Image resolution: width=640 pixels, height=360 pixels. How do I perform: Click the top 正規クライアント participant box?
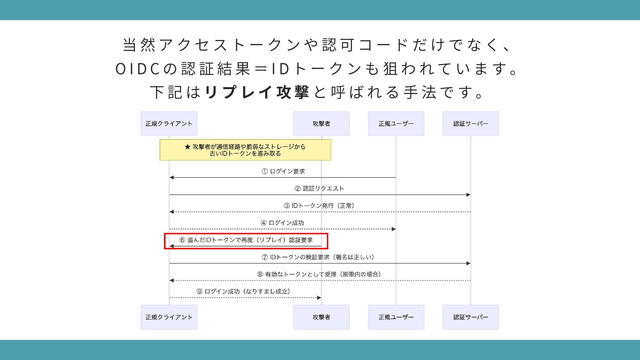pyautogui.click(x=169, y=124)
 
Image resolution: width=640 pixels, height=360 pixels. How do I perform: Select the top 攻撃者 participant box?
pyautogui.click(x=321, y=124)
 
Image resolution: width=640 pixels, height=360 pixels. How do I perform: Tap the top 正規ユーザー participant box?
pyautogui.click(x=396, y=124)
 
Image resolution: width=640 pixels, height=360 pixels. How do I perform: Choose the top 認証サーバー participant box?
pyautogui.click(x=471, y=124)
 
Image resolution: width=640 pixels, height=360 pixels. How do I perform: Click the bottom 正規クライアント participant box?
pyautogui.click(x=169, y=317)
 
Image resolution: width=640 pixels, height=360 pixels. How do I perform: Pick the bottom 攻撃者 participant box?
pyautogui.click(x=321, y=317)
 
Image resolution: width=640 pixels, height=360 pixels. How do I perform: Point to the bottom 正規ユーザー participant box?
pyautogui.click(x=396, y=317)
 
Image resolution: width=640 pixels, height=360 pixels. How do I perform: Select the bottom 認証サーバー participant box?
pyautogui.click(x=471, y=317)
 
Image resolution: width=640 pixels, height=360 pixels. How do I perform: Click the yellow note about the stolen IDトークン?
pyautogui.click(x=245, y=150)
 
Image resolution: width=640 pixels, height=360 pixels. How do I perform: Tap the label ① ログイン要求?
pyautogui.click(x=283, y=171)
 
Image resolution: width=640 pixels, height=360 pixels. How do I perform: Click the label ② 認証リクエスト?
pyautogui.click(x=319, y=188)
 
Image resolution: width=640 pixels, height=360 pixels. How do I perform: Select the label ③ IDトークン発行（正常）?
pyautogui.click(x=319, y=206)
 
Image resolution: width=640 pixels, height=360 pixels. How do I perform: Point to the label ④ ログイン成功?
pyautogui.click(x=282, y=223)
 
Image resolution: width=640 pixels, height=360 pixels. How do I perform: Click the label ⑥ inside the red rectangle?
pyautogui.click(x=246, y=240)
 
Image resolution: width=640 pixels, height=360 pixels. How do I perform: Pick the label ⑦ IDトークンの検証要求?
pyautogui.click(x=318, y=257)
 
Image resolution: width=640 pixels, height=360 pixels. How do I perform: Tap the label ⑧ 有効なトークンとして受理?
pyautogui.click(x=319, y=274)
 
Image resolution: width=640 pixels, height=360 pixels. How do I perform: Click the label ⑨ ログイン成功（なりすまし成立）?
pyautogui.click(x=243, y=291)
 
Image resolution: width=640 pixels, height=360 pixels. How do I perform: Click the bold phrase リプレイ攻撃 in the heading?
pyautogui.click(x=257, y=92)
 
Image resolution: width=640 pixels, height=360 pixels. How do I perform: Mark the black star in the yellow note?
pyautogui.click(x=187, y=147)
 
